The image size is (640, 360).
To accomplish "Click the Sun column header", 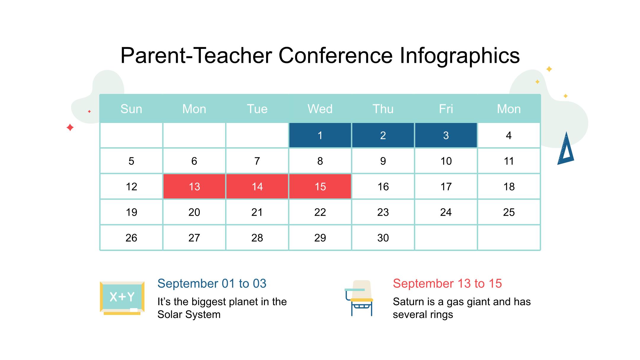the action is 131,109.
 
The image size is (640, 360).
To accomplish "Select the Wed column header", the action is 320,109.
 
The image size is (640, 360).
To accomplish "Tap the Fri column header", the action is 446,109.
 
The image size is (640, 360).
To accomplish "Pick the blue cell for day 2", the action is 383,135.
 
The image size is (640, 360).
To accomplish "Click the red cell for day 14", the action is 257,186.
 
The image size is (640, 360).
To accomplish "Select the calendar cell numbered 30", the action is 383,238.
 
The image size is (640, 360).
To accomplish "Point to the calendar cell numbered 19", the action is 131,212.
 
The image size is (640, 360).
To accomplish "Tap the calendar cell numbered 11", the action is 509,161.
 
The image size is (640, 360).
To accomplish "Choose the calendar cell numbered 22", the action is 320,212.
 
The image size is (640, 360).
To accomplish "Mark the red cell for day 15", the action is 320,186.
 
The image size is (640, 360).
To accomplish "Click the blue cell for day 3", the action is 446,135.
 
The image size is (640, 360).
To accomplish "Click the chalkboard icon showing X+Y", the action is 122,298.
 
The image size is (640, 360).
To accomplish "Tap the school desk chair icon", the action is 359,298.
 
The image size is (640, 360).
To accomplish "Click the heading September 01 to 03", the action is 212,284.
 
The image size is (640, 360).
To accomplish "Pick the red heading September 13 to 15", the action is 447,284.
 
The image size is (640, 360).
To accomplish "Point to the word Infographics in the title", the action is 460,56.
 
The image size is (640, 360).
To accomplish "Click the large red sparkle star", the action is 70,127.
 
